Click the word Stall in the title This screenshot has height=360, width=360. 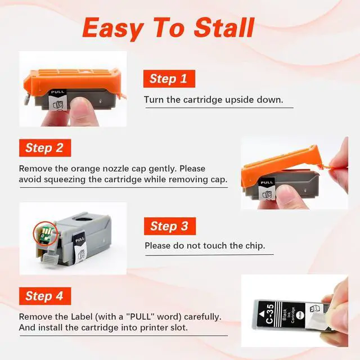pos(224,28)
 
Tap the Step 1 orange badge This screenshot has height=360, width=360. pos(169,79)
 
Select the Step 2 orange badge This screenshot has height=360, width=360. pos(45,148)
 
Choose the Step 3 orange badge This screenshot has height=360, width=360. pos(170,226)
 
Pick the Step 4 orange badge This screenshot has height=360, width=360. pos(45,296)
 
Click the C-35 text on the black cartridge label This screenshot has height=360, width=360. pos(269,314)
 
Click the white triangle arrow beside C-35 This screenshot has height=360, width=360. pos(262,314)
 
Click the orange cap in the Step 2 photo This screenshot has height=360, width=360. pos(281,165)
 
